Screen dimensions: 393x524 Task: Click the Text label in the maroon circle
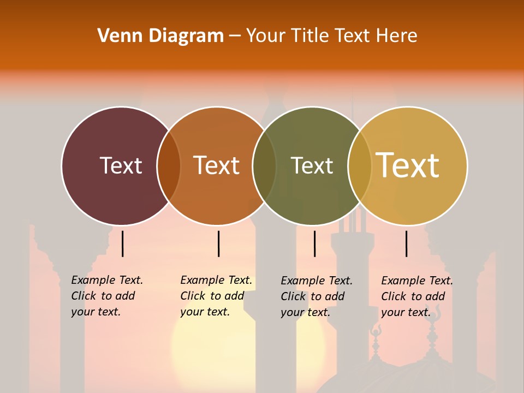point(121,165)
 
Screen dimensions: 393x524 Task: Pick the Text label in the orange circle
point(216,165)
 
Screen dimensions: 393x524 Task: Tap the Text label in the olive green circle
point(312,165)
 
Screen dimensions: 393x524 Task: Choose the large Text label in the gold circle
point(408,165)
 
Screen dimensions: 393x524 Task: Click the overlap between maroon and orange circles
point(169,166)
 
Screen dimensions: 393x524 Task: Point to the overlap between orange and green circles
point(264,166)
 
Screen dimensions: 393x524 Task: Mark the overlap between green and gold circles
point(360,166)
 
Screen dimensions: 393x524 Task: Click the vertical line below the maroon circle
point(122,243)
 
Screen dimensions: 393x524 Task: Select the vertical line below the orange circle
point(218,243)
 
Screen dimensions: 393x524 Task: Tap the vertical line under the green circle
point(314,243)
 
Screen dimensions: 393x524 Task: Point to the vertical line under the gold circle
point(406,243)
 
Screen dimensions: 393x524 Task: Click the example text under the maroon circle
point(107,296)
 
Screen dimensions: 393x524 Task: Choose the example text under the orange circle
point(216,296)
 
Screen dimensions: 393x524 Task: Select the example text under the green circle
point(317,296)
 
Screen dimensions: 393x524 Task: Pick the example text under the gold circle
point(417,296)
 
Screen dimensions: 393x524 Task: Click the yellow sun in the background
point(213,349)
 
